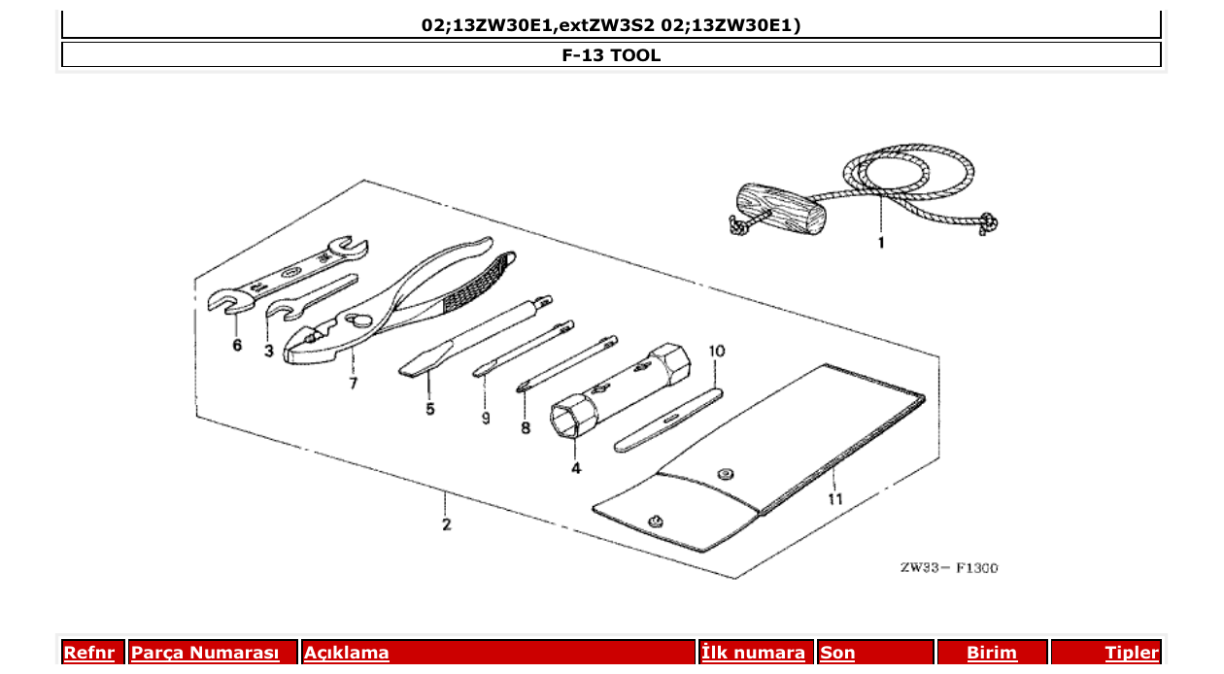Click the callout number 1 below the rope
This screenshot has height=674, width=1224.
(881, 243)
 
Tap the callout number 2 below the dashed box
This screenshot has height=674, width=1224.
(446, 525)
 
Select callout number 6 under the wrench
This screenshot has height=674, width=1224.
(237, 347)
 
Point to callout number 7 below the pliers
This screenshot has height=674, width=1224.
(353, 384)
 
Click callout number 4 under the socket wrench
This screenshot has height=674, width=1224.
(576, 468)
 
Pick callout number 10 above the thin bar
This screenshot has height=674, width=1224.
(716, 350)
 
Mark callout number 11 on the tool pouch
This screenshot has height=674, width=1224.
(834, 499)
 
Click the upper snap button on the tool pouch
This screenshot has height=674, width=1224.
(723, 473)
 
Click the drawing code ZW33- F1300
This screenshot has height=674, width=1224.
(948, 568)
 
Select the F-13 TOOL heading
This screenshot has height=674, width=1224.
(611, 55)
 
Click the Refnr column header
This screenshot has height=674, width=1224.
(93, 653)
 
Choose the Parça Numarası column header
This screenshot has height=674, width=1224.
(204, 653)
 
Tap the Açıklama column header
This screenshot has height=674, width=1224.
(347, 653)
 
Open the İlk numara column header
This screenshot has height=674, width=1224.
(753, 653)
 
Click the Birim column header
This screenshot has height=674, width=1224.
(991, 653)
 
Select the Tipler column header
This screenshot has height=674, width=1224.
(1131, 653)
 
